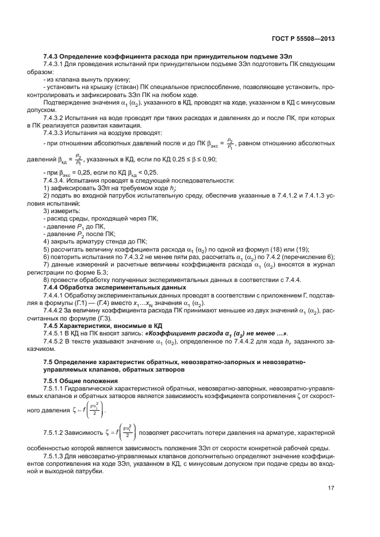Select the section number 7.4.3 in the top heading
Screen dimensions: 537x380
(x=53, y=57)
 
